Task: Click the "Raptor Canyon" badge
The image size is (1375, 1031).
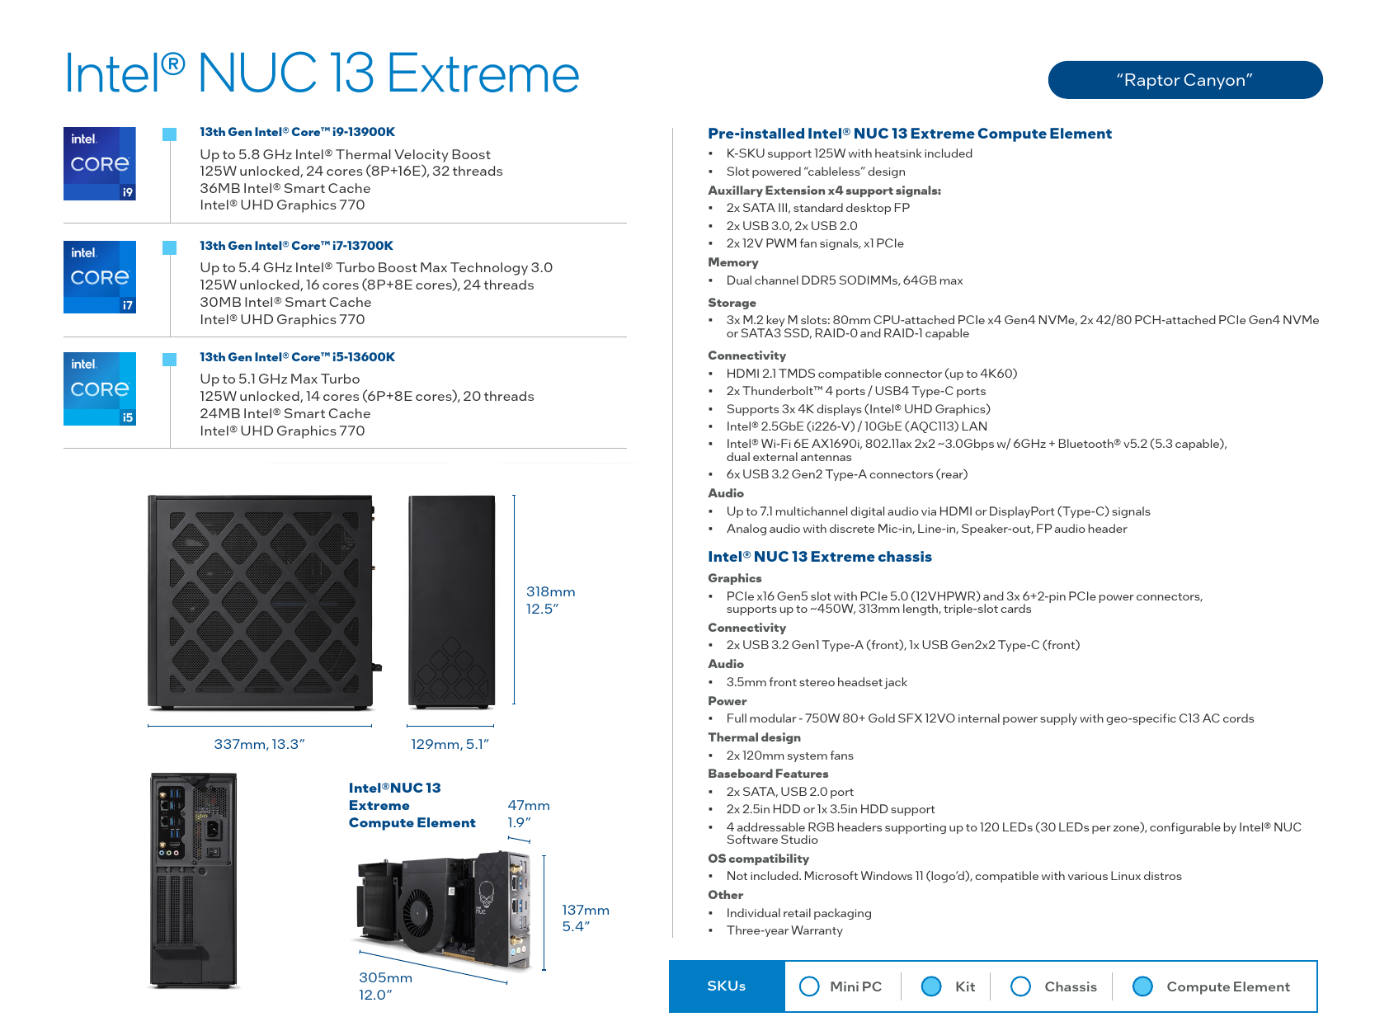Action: coord(1184,79)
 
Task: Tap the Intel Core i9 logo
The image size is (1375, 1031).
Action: coord(100,163)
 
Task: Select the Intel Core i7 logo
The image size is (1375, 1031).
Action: coord(100,277)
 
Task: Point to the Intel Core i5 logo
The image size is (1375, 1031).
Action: coord(100,388)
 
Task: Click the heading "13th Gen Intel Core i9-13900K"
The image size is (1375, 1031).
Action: coord(297,132)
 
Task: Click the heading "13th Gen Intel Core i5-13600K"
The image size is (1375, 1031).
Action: coord(297,357)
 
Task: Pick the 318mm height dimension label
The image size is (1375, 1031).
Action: coord(550,600)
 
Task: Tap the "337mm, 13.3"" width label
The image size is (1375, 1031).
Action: coord(259,744)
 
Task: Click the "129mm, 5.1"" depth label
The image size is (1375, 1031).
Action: coord(450,744)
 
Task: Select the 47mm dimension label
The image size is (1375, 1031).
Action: coord(528,813)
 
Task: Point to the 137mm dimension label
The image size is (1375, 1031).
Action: coord(585,918)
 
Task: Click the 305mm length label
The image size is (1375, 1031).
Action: coord(385,986)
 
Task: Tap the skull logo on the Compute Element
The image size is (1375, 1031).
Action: coord(486,892)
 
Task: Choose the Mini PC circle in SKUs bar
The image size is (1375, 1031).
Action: coord(808,986)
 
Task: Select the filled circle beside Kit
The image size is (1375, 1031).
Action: coord(931,986)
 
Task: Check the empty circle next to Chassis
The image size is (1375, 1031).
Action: coord(1020,986)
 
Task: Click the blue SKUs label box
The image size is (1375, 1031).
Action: coord(727,986)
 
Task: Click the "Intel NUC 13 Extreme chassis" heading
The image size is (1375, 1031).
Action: coord(819,556)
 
